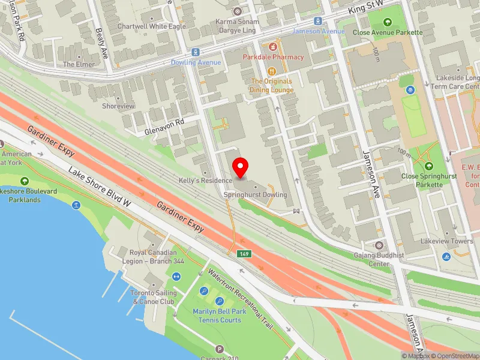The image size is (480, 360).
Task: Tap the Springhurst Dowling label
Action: [255, 195]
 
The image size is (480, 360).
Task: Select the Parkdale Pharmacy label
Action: [273, 57]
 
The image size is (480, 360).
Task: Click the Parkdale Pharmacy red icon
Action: [273, 46]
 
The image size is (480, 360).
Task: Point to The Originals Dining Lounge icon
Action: [272, 70]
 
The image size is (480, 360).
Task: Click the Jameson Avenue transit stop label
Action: [318, 31]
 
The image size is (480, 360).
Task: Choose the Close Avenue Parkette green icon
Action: [388, 22]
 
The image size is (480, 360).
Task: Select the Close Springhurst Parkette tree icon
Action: [428, 166]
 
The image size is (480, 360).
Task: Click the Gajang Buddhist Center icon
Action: [379, 245]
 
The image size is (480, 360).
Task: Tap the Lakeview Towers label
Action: [446, 241]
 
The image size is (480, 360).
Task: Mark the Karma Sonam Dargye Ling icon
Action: [237, 11]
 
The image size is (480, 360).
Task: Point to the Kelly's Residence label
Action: [205, 181]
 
